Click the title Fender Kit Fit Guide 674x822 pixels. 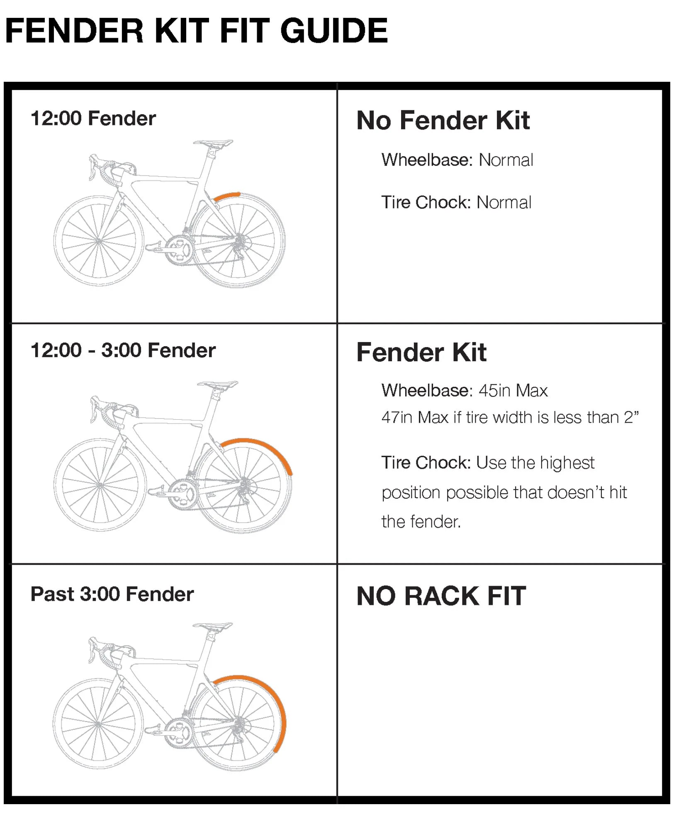(196, 31)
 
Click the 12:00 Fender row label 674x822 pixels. (93, 119)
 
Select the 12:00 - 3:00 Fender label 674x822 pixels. (123, 350)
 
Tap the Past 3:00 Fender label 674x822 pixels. (112, 594)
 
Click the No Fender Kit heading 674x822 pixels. (443, 121)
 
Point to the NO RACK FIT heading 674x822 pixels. (441, 596)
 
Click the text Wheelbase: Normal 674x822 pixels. (457, 160)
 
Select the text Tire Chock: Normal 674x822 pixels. (456, 203)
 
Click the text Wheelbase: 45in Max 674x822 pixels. (465, 391)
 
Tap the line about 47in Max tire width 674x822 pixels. (510, 417)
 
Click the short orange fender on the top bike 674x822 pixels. (227, 196)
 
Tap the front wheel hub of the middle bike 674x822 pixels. (100, 485)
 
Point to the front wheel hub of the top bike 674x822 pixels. (99, 241)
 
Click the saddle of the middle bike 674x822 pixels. (218, 385)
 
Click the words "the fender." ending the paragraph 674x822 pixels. (421, 522)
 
